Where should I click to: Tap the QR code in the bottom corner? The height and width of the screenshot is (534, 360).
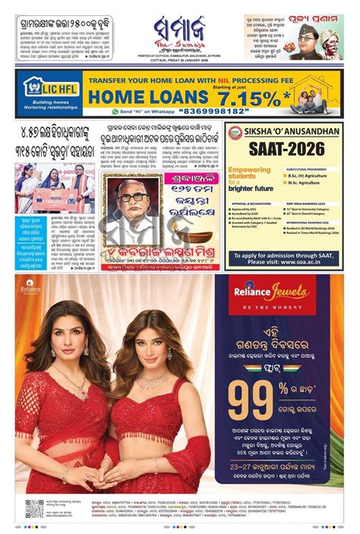(x=33, y=509)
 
